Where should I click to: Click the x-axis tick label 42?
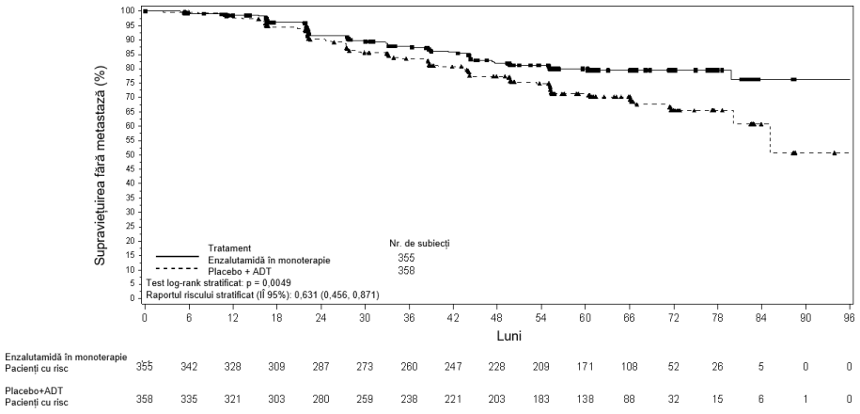coord(453,317)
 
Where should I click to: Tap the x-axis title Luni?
coord(509,336)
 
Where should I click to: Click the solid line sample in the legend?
coord(177,257)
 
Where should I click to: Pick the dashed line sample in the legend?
coord(177,268)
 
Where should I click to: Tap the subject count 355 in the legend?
coord(406,258)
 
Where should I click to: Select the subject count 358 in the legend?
coord(406,270)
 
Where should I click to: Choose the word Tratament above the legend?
coord(229,248)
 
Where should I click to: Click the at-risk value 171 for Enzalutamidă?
coord(586,367)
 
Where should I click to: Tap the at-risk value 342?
coord(189,367)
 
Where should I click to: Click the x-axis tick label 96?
coord(849,317)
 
